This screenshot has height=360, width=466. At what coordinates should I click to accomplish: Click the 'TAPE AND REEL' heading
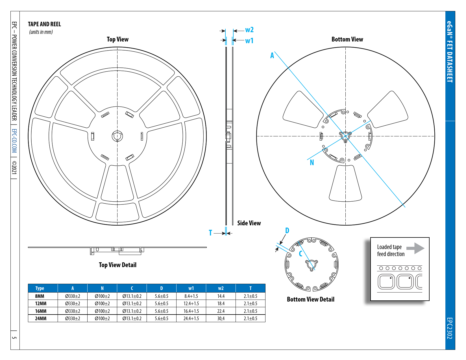click(x=44, y=24)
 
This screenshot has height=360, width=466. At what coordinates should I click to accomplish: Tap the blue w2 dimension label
click(x=249, y=30)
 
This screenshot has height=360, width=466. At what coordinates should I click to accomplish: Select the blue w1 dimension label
click(x=249, y=41)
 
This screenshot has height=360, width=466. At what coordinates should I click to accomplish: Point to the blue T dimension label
click(x=210, y=233)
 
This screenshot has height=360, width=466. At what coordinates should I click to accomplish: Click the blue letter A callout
click(x=272, y=56)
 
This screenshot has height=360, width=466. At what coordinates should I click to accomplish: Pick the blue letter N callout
click(x=312, y=163)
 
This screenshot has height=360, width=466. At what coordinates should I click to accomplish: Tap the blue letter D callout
click(x=287, y=230)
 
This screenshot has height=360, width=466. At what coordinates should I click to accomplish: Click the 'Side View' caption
click(x=249, y=223)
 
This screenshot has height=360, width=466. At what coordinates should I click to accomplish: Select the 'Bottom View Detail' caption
click(x=310, y=299)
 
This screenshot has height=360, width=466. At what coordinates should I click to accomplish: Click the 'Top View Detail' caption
click(x=117, y=265)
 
